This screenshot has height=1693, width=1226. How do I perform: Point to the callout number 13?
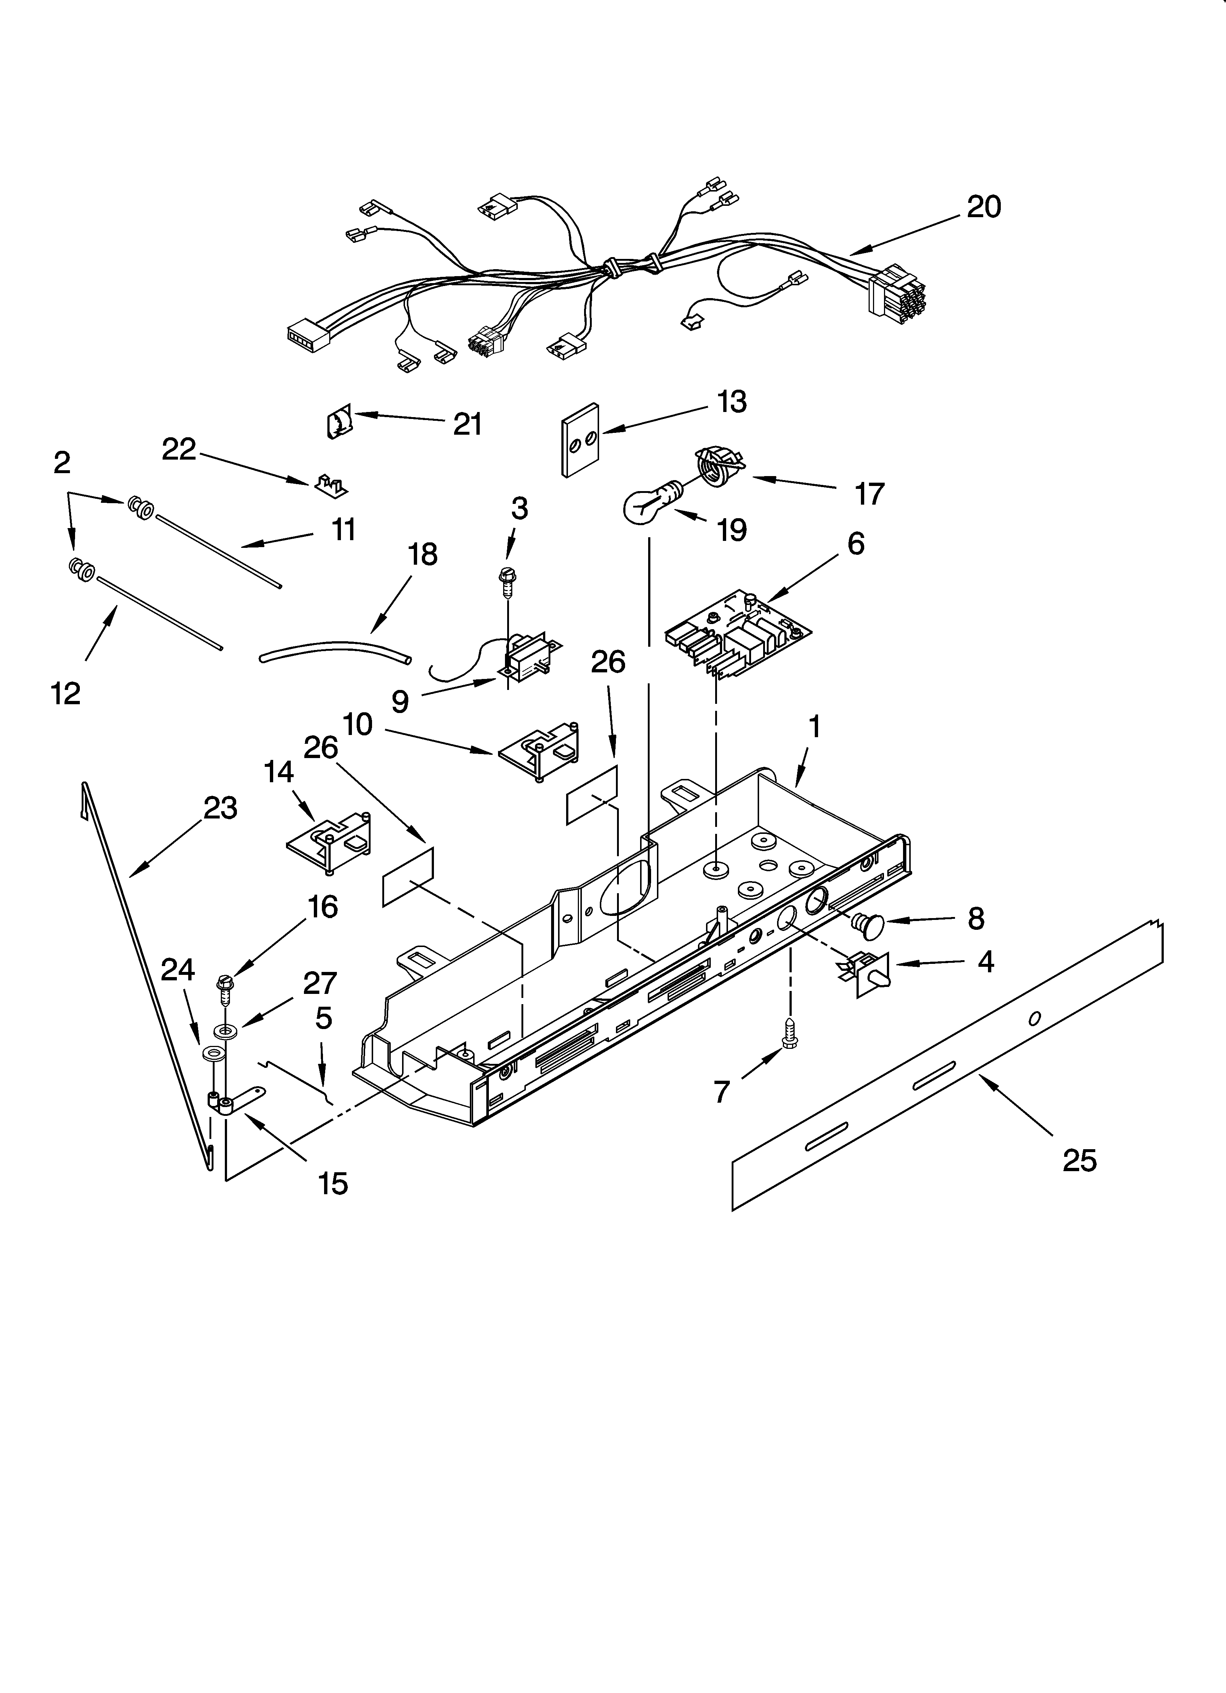point(732,402)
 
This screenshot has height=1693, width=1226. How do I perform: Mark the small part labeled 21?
point(340,425)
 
